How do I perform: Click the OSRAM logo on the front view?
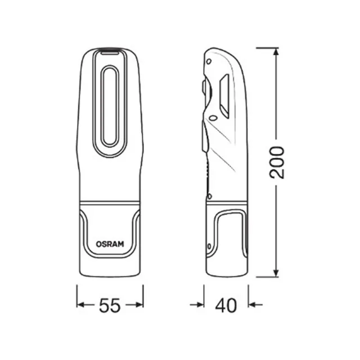pyautogui.click(x=110, y=244)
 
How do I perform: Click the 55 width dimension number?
pyautogui.click(x=110, y=305)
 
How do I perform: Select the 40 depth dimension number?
pyautogui.click(x=226, y=305)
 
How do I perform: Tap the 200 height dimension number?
pyautogui.click(x=277, y=163)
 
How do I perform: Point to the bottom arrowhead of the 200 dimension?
pyautogui.click(x=276, y=273)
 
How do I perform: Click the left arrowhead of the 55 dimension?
pyautogui.click(x=81, y=305)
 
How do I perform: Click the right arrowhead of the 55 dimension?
pyautogui.click(x=139, y=305)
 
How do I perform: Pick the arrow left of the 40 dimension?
pyautogui.click(x=197, y=305)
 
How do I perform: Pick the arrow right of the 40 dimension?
pyautogui.click(x=255, y=305)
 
